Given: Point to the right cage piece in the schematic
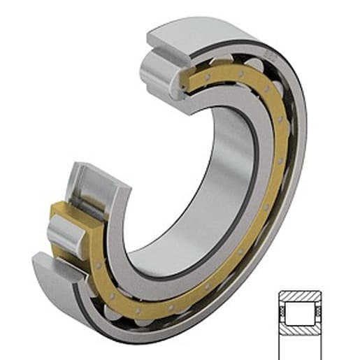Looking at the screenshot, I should click(x=319, y=312).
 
